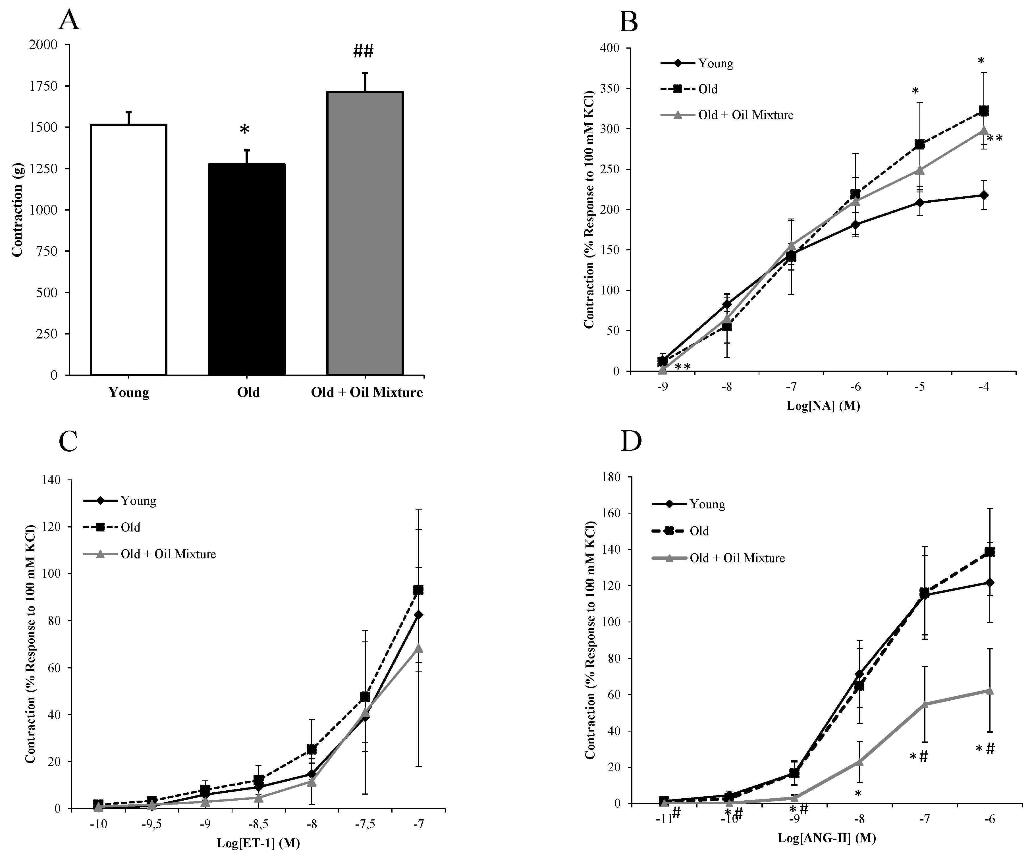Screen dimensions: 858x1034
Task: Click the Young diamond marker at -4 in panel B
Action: (x=984, y=195)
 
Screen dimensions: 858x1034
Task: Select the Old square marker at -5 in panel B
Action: (x=919, y=144)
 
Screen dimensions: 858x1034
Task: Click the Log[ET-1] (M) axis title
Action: (x=259, y=843)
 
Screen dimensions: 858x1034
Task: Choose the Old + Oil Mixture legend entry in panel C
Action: (x=168, y=554)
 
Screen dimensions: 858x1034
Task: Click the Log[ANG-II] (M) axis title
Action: (x=827, y=838)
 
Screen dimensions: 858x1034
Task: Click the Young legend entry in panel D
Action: (x=707, y=504)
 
